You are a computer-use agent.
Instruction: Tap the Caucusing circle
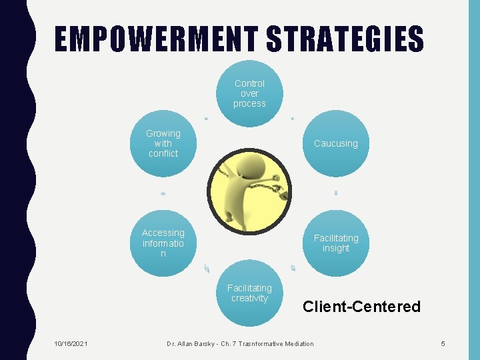point(335,143)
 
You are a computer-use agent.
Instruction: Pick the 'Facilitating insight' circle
point(335,243)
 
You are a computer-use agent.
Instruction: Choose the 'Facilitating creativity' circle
point(249,293)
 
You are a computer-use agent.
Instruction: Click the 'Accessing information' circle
point(163,243)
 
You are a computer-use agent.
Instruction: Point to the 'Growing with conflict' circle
point(163,143)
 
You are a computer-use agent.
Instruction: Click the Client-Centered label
point(361,307)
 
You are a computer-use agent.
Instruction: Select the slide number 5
point(443,343)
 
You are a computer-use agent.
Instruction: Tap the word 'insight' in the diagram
point(335,248)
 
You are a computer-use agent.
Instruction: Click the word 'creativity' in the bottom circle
point(249,298)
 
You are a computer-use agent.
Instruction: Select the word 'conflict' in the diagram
point(163,153)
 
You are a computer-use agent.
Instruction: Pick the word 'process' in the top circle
point(249,103)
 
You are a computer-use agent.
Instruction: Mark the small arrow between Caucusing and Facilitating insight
point(336,193)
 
